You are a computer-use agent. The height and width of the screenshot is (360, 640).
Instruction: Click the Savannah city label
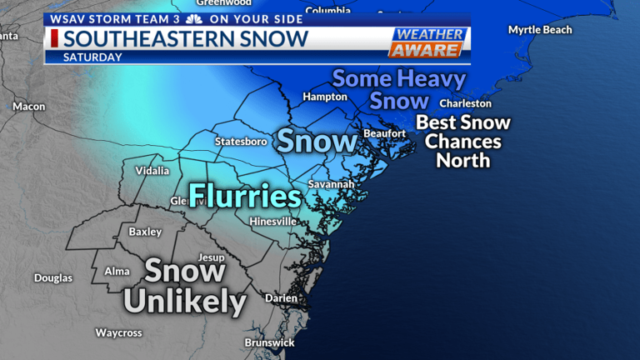pos(331,183)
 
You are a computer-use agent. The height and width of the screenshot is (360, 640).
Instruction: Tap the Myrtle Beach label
pos(540,30)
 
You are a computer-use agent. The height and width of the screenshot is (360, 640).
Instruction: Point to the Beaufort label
pos(384,133)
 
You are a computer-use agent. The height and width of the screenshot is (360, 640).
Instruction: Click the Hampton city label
pos(325,97)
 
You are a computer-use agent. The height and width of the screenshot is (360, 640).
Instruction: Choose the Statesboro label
pos(241,142)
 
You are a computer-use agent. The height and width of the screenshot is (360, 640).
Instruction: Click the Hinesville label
pos(272,222)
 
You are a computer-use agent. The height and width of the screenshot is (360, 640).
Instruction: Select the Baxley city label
pos(145,232)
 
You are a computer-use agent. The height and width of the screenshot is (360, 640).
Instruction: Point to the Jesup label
pos(211,257)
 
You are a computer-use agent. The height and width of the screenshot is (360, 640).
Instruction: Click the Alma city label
pos(117,272)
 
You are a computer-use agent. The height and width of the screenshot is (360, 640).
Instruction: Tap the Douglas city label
pos(53,278)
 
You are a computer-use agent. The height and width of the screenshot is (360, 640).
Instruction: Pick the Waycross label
pos(118,333)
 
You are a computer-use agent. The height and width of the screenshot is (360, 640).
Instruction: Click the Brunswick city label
pos(269,342)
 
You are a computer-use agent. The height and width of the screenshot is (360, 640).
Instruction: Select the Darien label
pos(281,297)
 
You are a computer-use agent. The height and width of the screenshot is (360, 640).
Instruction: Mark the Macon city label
pos(29,107)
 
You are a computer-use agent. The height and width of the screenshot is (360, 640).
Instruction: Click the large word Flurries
pos(244,197)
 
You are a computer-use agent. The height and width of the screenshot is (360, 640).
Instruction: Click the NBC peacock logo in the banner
pos(193,18)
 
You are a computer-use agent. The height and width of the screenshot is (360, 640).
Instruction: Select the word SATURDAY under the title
pos(92,57)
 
